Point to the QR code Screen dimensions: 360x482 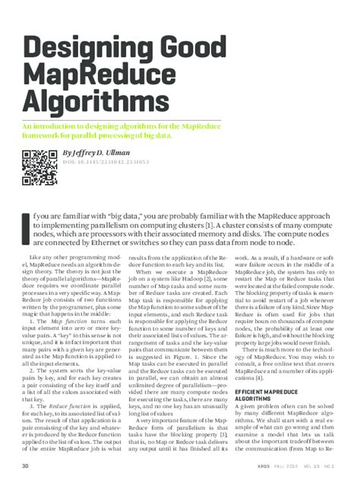(x=36, y=169)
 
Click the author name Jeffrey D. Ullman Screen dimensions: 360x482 (x=102, y=151)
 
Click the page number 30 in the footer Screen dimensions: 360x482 (x=25, y=465)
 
